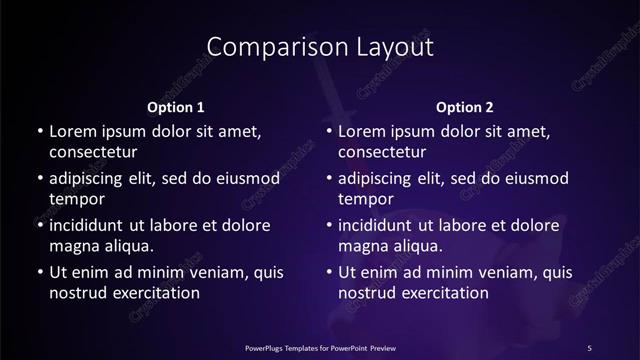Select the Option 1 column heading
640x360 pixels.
pyautogui.click(x=176, y=106)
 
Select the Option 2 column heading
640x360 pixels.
pyautogui.click(x=465, y=106)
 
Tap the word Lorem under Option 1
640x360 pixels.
pyautogui.click(x=74, y=131)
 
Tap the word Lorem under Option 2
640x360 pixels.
pyautogui.click(x=364, y=131)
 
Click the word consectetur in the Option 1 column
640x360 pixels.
pyautogui.click(x=93, y=152)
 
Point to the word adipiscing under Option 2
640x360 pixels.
pyautogui.click(x=380, y=178)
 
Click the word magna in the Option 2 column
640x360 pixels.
pyautogui.click(x=362, y=246)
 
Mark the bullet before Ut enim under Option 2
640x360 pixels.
pyautogui.click(x=329, y=272)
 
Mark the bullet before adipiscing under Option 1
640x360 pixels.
pyautogui.click(x=39, y=178)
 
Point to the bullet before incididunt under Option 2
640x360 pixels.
pyautogui.click(x=329, y=225)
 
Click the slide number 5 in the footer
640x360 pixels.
pyautogui.click(x=589, y=347)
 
